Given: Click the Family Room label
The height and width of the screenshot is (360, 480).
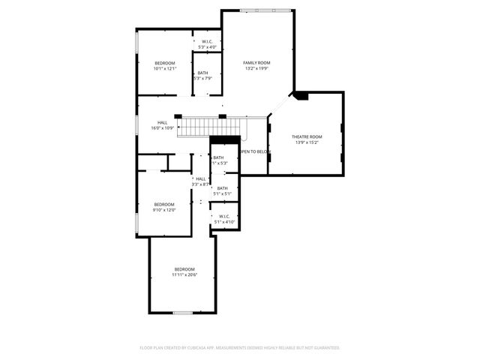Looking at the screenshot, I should click(256, 62).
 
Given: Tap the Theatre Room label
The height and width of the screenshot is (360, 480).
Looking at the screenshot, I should click(307, 136).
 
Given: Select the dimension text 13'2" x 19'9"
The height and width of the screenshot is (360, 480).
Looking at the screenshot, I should click(256, 68).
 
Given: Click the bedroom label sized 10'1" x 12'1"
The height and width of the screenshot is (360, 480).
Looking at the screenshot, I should click(164, 62).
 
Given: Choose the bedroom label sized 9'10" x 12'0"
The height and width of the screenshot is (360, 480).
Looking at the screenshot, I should click(164, 204).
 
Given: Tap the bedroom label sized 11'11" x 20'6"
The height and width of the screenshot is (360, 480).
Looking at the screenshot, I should click(184, 269).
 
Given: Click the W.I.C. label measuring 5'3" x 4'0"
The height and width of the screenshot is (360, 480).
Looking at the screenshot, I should click(207, 42).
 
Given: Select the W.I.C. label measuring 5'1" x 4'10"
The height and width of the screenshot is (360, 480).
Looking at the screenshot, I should click(224, 216).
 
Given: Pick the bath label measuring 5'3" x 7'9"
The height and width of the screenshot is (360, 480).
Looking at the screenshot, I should click(203, 73).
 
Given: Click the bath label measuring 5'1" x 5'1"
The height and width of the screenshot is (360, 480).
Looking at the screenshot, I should click(223, 188).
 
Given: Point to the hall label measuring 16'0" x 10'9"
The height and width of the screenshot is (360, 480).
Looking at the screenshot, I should click(163, 122).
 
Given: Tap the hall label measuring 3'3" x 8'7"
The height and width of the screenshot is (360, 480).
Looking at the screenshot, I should click(201, 178).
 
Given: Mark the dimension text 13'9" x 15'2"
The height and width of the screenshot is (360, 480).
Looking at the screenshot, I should click(307, 142).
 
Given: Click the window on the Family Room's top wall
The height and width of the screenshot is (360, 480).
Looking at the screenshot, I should click(261, 10).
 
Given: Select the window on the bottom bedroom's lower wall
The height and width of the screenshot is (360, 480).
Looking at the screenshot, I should click(183, 312).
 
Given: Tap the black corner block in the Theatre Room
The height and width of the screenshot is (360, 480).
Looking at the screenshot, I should click(300, 95).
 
